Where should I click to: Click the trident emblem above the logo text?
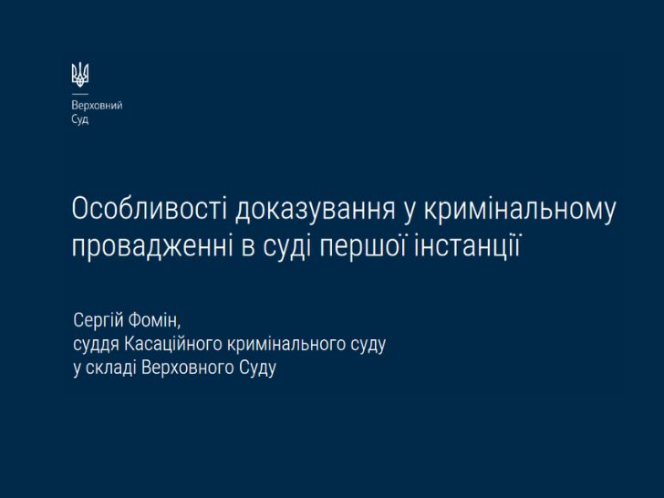click(80, 74)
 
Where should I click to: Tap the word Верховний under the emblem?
click(97, 106)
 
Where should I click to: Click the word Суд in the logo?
click(80, 119)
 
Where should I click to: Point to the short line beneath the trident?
click(80, 94)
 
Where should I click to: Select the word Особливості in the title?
click(150, 208)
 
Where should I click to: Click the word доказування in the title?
click(315, 210)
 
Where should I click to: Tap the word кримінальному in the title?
click(519, 210)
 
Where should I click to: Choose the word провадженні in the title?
click(152, 247)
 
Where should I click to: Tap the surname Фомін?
click(154, 320)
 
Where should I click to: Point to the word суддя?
click(96, 345)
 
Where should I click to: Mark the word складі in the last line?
click(111, 368)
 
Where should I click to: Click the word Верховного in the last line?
click(188, 368)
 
